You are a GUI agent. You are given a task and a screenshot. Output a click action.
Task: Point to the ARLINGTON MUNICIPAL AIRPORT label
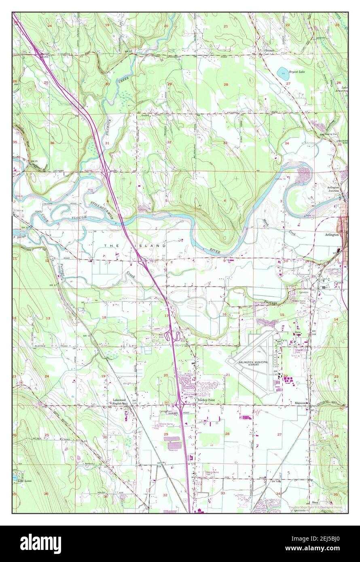point(254,363)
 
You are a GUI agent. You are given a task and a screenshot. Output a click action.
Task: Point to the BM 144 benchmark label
point(311,334)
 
